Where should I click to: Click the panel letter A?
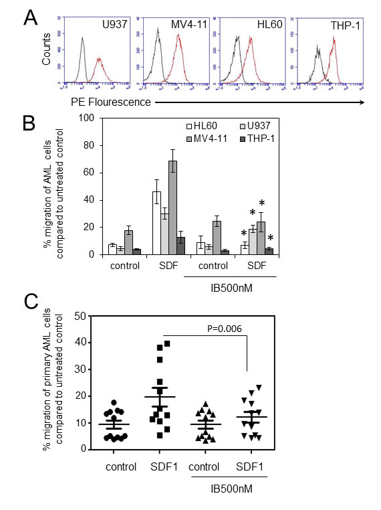[x=31, y=18]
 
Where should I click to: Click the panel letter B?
[x=30, y=122]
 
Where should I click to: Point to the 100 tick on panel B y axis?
[x=86, y=118]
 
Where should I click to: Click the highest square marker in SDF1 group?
[x=168, y=343]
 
